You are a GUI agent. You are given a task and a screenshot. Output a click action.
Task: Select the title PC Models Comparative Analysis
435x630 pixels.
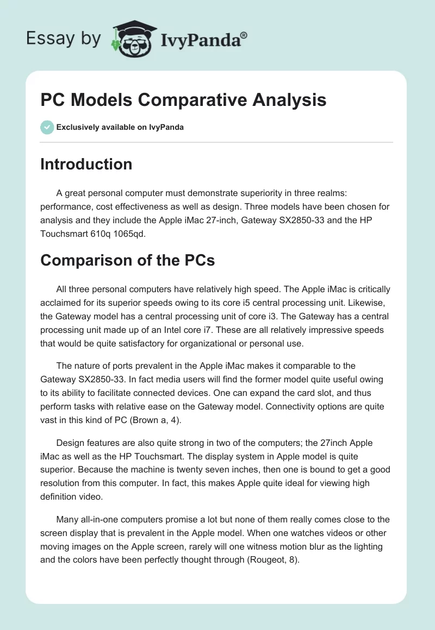pyautogui.click(x=183, y=100)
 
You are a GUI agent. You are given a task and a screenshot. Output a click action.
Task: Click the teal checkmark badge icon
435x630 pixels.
pyautogui.click(x=47, y=127)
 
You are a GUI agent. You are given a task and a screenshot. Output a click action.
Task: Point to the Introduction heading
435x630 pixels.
pyautogui.click(x=86, y=164)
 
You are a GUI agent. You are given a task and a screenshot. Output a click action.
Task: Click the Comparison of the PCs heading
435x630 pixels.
pyautogui.click(x=127, y=260)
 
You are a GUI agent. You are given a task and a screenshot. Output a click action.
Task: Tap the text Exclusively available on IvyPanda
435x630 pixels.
pyautogui.click(x=120, y=127)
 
